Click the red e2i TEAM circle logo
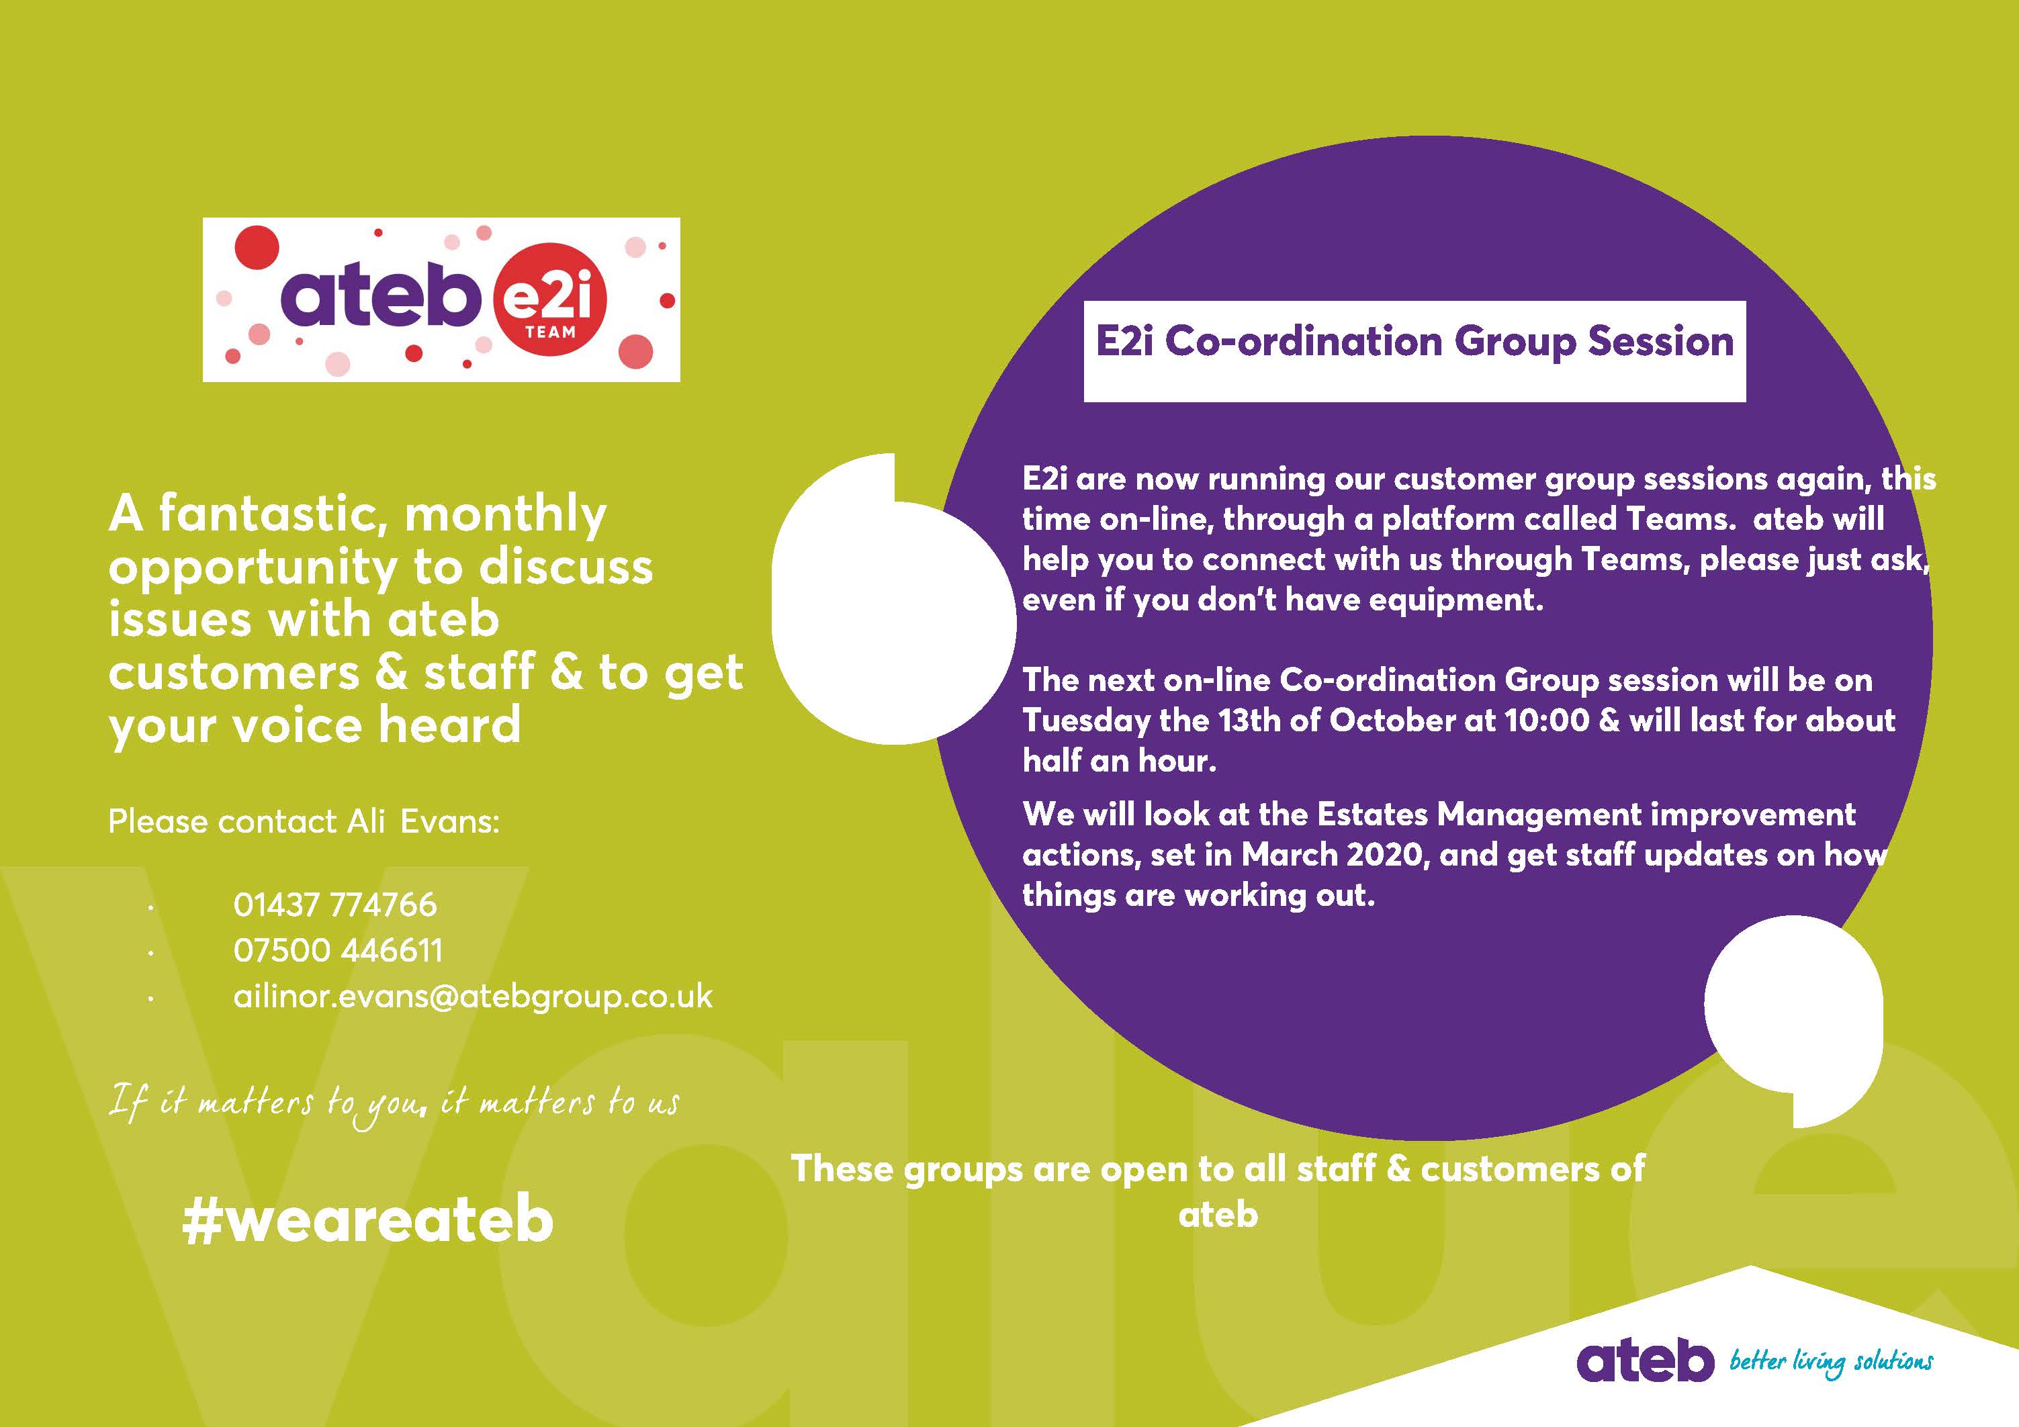[x=551, y=299]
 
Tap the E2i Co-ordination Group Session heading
[x=1414, y=342]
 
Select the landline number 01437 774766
[x=335, y=905]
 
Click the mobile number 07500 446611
[x=338, y=950]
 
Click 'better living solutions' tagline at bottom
[x=1832, y=1362]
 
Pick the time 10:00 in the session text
[x=1547, y=720]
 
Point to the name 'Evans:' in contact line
[x=449, y=821]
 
